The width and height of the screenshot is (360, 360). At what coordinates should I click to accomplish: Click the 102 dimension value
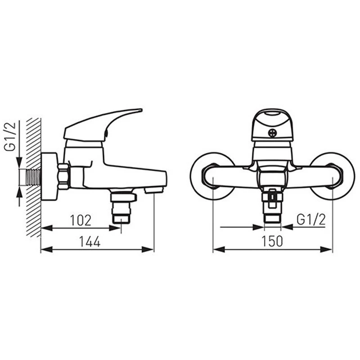81,220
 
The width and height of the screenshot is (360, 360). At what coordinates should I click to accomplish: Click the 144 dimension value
90,242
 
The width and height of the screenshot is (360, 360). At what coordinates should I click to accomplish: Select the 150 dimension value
272,241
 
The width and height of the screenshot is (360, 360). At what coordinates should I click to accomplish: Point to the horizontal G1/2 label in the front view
311,220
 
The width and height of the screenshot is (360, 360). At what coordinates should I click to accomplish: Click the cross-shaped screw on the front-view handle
273,133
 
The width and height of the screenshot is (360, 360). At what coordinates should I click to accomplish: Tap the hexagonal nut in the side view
63,176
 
